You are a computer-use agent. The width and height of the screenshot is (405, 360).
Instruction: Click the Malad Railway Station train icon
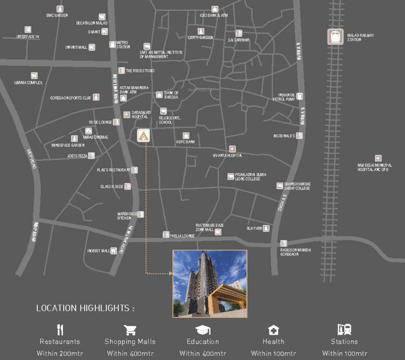tap(335, 37)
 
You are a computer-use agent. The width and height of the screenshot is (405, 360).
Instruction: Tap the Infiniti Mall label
tap(76, 47)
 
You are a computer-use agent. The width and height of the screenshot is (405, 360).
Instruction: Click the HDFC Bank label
tap(186, 142)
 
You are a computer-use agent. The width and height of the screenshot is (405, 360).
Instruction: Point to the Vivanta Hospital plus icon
tap(232, 149)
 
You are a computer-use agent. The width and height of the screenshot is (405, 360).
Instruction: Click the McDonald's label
tap(284, 136)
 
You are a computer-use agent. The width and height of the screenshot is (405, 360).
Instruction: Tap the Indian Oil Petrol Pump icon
tap(299, 96)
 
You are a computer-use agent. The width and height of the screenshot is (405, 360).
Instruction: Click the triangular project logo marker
tap(144, 136)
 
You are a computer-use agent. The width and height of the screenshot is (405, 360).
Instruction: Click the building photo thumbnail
tap(210, 284)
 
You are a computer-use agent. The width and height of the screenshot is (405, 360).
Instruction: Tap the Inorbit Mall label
tap(98, 251)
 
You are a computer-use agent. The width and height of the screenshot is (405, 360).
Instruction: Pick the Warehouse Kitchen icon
tap(140, 214)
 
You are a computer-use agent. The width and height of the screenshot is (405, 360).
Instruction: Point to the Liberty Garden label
tap(200, 37)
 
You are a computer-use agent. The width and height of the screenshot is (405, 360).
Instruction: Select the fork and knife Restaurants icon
tap(60, 330)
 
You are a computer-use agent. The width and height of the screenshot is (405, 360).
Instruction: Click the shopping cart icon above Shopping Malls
tap(130, 330)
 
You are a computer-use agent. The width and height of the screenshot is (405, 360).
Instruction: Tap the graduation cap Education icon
tap(203, 330)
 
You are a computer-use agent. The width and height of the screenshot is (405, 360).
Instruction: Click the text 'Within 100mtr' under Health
tap(274, 353)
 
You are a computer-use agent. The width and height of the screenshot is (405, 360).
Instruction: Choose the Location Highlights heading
tap(85, 308)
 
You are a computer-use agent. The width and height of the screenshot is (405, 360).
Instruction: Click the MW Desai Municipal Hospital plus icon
tap(378, 158)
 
